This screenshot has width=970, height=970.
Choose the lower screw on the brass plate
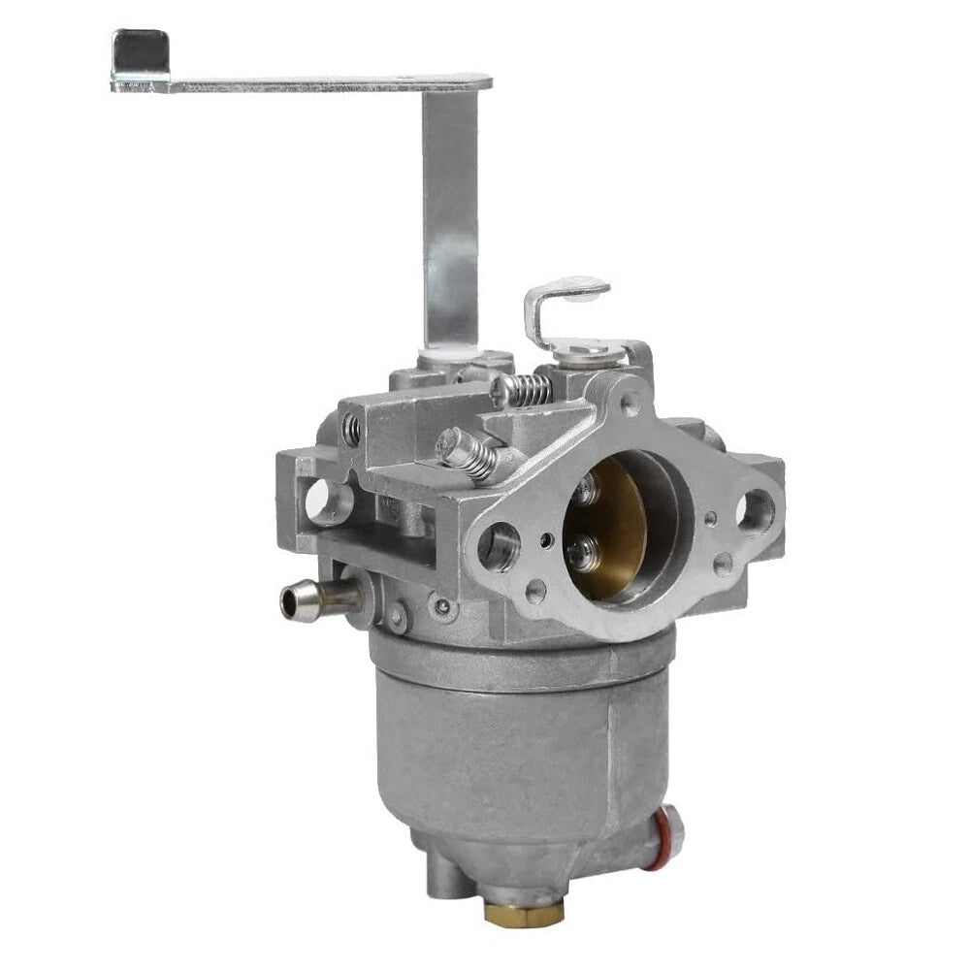click(x=580, y=555)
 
